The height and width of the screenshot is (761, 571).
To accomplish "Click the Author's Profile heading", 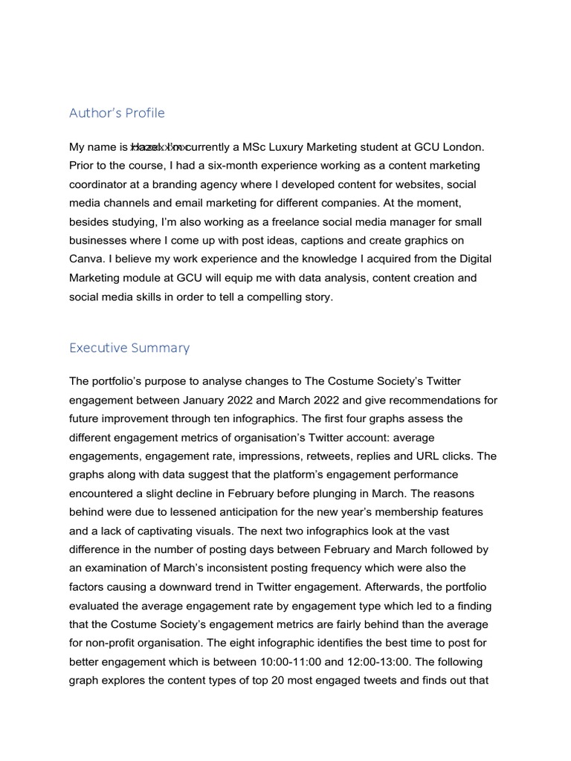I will click(x=117, y=114).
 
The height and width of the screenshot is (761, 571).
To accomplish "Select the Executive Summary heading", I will click(x=129, y=348).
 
